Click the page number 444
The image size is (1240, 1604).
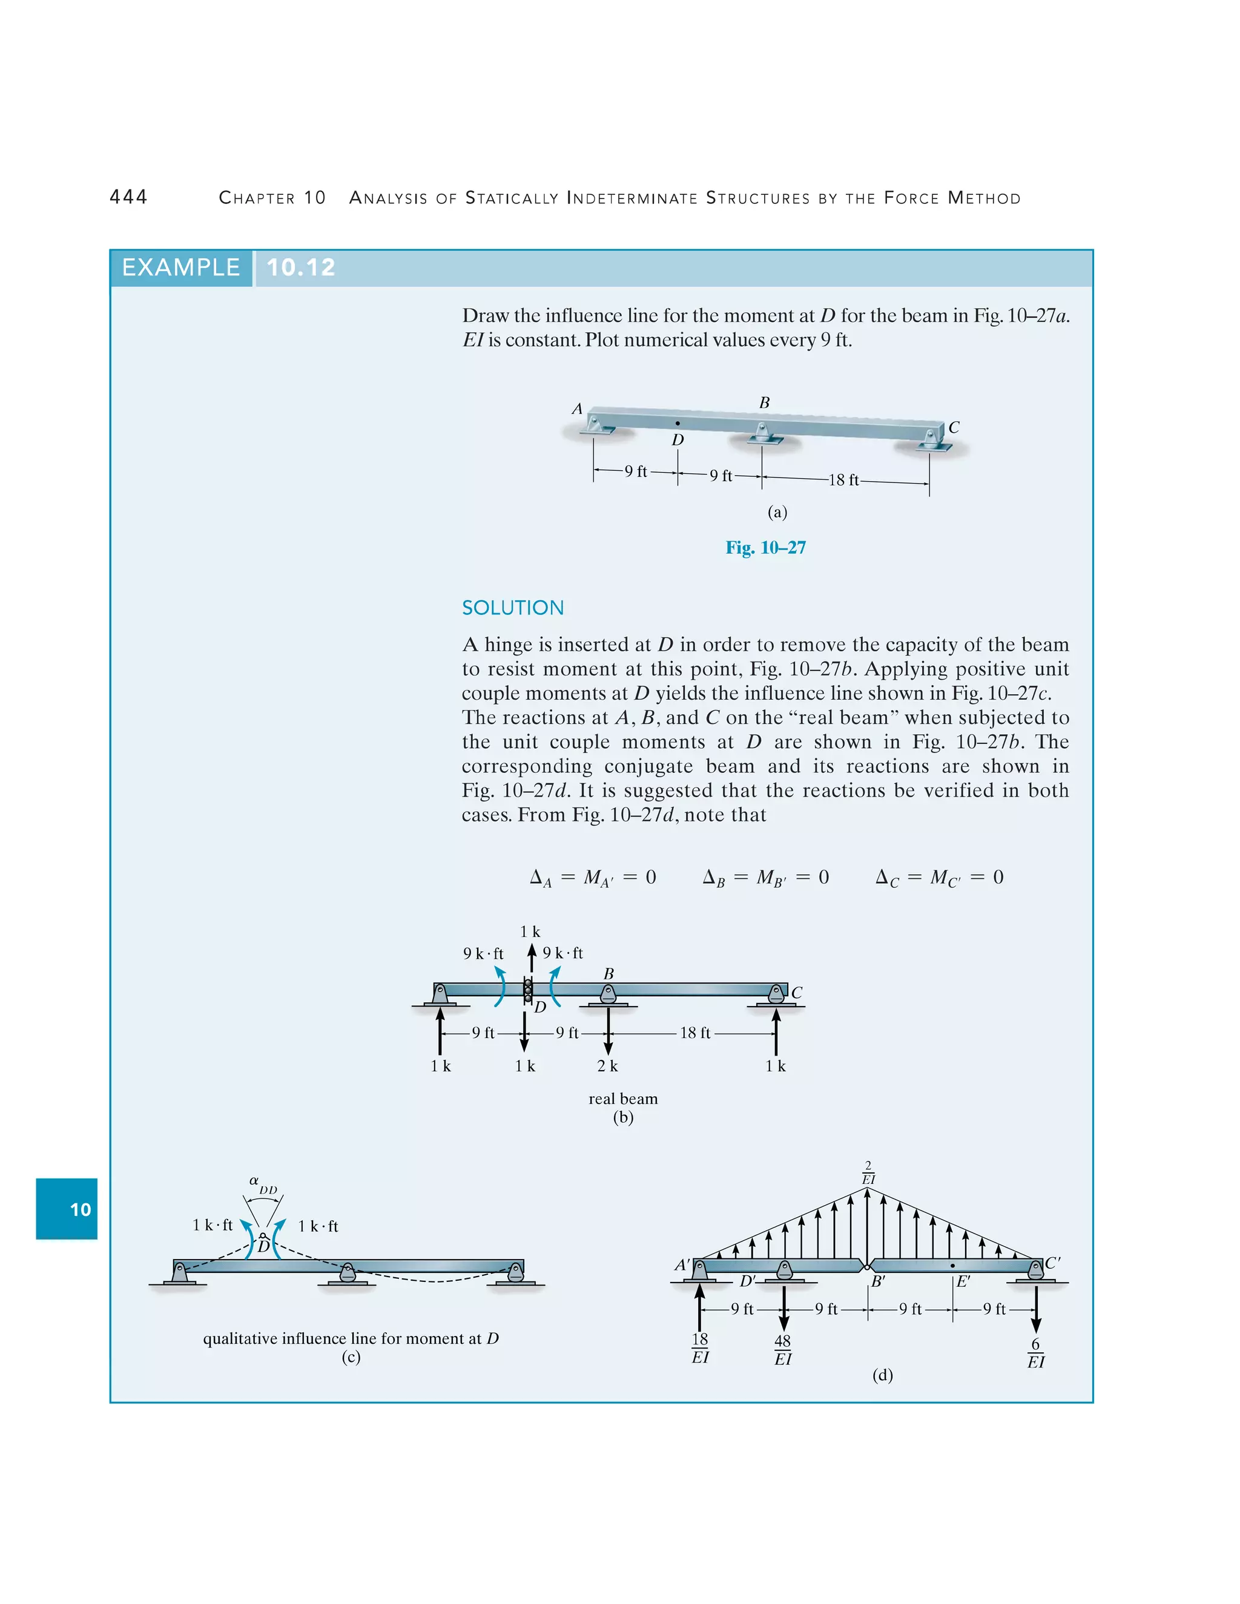coord(128,197)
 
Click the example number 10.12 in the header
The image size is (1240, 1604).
coord(300,268)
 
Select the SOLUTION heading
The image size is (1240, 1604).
coord(513,608)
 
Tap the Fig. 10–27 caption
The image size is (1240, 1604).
coord(765,548)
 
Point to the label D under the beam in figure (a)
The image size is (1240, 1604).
coord(678,440)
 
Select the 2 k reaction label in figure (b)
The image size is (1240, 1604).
coord(607,1067)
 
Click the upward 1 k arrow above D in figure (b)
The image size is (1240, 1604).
coord(532,958)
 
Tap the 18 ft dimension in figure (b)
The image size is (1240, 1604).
coord(694,1033)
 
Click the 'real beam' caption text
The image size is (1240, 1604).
coord(623,1099)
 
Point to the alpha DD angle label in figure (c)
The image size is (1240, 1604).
coord(262,1185)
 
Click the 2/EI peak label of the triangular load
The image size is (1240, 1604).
coord(868,1173)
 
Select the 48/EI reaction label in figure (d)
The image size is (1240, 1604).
coord(783,1350)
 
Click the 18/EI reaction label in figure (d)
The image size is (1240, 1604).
coord(700,1349)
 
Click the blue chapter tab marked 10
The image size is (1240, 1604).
coord(67,1209)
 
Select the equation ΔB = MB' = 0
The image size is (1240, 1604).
coord(765,878)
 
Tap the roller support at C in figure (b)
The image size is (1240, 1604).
coord(776,994)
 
